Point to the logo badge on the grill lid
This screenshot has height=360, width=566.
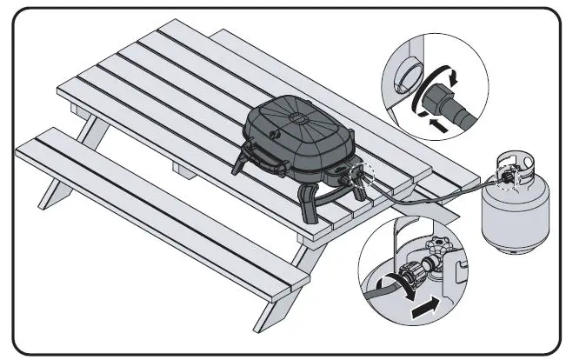pyautogui.click(x=277, y=134)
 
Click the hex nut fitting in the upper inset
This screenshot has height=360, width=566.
pyautogui.click(x=453, y=99)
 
